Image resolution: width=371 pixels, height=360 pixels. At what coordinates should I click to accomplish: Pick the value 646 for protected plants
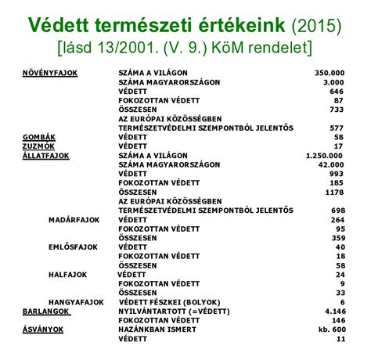click(337, 90)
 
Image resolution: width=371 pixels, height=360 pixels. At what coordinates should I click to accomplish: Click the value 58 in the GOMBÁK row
click(340, 136)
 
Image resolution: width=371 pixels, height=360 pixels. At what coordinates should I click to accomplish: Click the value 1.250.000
click(323, 155)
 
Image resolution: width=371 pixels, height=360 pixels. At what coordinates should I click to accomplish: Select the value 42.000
click(331, 164)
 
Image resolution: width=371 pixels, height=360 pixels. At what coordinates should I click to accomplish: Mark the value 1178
click(335, 192)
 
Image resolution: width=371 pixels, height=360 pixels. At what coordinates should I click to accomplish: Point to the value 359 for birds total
click(337, 238)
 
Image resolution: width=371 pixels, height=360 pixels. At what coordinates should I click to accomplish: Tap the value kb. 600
click(330, 329)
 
